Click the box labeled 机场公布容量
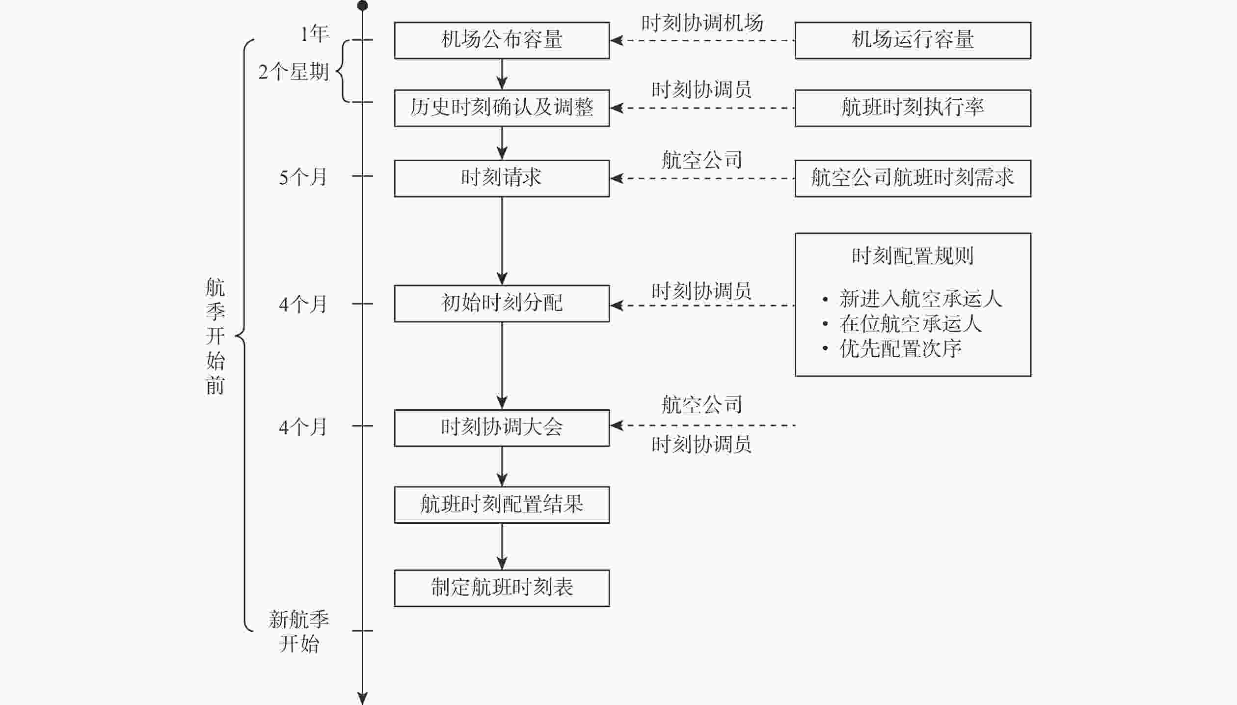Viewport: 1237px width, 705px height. click(x=502, y=40)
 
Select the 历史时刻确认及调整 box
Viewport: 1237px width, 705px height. click(x=502, y=108)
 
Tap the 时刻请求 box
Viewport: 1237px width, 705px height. click(x=502, y=178)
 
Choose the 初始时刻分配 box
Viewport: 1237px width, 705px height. click(x=502, y=304)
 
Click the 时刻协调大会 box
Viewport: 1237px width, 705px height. click(x=502, y=428)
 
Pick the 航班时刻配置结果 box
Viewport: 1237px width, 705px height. click(x=502, y=505)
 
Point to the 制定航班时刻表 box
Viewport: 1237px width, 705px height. click(x=502, y=588)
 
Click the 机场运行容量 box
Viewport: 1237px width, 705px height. click(x=913, y=40)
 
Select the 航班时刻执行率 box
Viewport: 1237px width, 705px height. click(x=913, y=108)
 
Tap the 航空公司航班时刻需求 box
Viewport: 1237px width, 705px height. click(x=913, y=178)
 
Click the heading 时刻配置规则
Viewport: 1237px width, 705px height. click(x=913, y=256)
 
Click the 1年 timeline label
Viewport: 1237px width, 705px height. click(x=315, y=34)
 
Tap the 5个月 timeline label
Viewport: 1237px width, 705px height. click(x=303, y=177)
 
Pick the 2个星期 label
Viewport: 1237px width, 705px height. click(x=294, y=72)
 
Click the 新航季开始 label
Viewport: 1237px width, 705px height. click(x=299, y=632)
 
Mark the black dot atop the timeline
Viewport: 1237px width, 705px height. click(x=362, y=6)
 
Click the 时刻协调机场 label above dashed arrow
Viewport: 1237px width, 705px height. click(x=702, y=23)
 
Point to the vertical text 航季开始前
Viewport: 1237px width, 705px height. click(x=215, y=337)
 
